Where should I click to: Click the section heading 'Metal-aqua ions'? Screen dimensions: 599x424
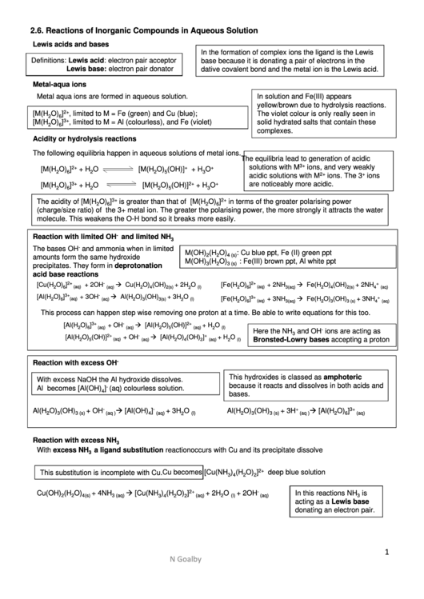[59, 83]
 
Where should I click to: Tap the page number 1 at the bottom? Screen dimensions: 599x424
[386, 551]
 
